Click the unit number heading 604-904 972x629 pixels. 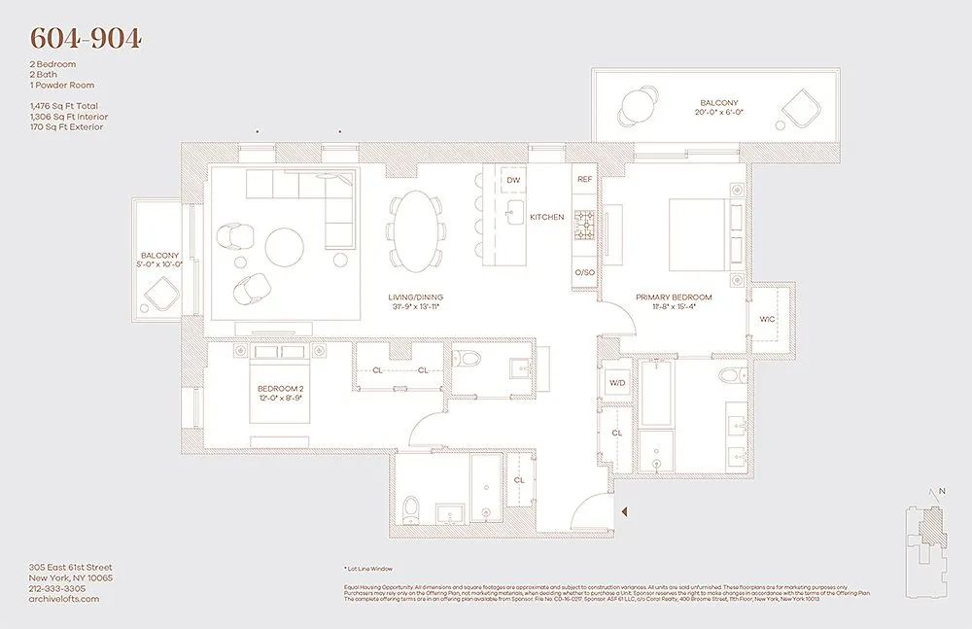coord(87,38)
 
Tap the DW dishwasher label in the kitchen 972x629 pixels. coord(513,180)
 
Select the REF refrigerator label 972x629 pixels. coord(584,180)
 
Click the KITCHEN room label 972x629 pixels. coord(546,217)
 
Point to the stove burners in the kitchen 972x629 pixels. coord(584,225)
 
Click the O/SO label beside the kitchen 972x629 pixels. coord(584,273)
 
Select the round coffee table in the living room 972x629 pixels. coord(285,246)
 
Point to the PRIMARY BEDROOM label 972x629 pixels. coord(674,297)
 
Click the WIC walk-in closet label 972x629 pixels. coord(767,318)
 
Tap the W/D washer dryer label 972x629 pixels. coord(617,383)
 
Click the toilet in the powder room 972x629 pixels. coord(469,361)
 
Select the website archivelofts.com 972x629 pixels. coord(64,599)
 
